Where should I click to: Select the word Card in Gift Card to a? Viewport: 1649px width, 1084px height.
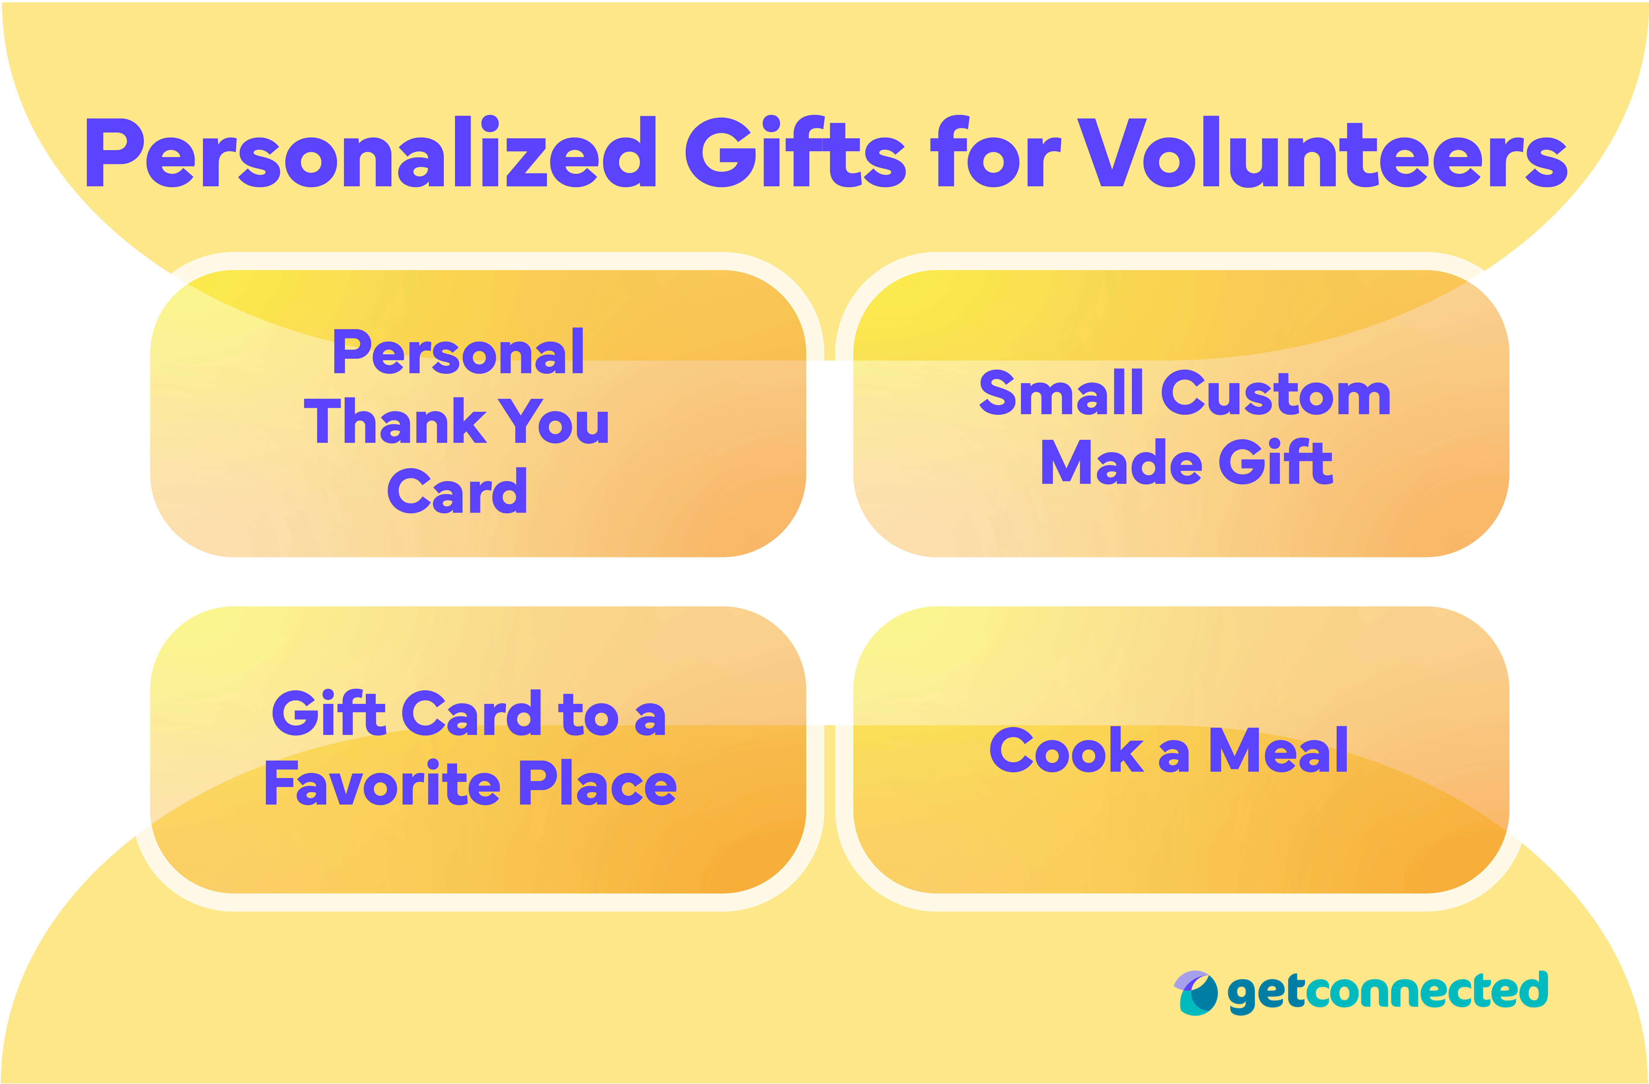point(471,714)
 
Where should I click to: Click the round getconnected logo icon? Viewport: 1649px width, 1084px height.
point(1195,993)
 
